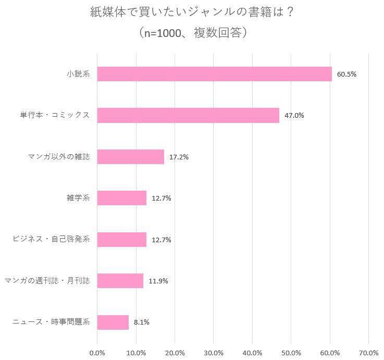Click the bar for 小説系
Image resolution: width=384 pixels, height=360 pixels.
(x=214, y=74)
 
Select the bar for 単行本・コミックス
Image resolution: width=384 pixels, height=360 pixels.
(x=188, y=115)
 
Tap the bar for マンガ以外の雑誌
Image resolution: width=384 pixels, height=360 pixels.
(x=130, y=157)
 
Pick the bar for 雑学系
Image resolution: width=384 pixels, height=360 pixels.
(x=121, y=198)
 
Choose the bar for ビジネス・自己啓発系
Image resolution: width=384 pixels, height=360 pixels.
(x=121, y=240)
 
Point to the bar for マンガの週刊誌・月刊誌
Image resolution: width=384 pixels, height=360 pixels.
(x=120, y=281)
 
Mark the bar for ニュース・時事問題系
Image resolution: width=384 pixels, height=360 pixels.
(x=113, y=322)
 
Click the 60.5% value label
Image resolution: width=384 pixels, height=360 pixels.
(x=346, y=74)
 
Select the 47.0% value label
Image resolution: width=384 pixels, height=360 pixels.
(x=294, y=115)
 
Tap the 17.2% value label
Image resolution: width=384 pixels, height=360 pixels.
(x=179, y=157)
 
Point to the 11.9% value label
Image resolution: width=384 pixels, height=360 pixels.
(x=158, y=281)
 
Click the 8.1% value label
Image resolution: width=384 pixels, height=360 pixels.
(x=142, y=322)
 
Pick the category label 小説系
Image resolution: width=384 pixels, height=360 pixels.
(x=79, y=74)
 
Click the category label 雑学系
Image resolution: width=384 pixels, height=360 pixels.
(x=79, y=198)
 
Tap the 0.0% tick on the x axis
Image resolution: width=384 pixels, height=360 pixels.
(x=97, y=353)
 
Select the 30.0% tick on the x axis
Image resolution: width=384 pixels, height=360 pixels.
(x=214, y=353)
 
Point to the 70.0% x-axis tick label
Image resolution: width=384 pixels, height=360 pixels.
(x=369, y=353)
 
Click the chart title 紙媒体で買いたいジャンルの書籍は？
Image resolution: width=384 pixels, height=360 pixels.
(x=192, y=12)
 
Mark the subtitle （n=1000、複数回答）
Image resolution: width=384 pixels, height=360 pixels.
(x=192, y=32)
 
